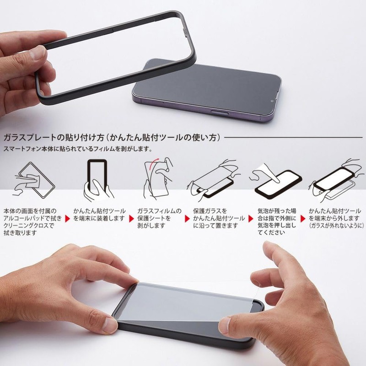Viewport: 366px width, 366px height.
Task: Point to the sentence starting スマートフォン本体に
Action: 78,149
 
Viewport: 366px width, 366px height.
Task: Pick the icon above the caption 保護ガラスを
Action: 212,180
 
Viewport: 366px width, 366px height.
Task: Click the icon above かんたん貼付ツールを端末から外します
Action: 334,180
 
